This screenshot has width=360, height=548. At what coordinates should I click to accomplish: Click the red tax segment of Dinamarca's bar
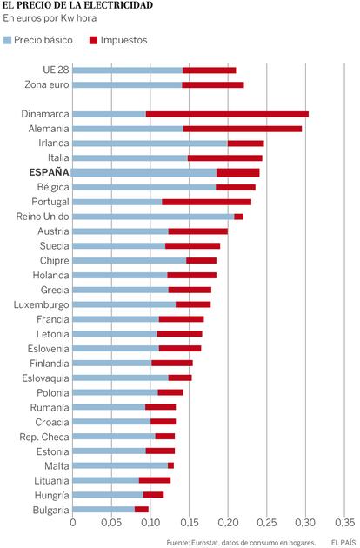pyautogui.click(x=227, y=114)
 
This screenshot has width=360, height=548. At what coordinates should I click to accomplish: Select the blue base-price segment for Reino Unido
pyautogui.click(x=153, y=217)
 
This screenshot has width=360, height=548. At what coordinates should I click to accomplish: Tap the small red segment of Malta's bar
pyautogui.click(x=170, y=465)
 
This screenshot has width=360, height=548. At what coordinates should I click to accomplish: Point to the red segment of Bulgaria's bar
pyautogui.click(x=142, y=510)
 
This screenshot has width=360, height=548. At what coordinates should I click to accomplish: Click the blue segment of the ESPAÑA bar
pyautogui.click(x=143, y=172)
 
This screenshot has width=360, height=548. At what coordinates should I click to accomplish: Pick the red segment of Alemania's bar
pyautogui.click(x=243, y=129)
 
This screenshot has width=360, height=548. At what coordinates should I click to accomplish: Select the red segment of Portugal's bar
pyautogui.click(x=207, y=202)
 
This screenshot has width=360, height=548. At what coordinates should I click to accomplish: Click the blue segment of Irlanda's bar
pyautogui.click(x=150, y=144)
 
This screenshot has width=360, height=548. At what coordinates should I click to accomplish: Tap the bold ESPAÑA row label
pyautogui.click(x=49, y=172)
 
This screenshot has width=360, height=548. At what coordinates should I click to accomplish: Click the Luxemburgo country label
pyautogui.click(x=41, y=304)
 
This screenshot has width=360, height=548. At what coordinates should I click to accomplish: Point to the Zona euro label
pyautogui.click(x=47, y=84)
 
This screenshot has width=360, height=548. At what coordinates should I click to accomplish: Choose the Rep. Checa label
pyautogui.click(x=44, y=437)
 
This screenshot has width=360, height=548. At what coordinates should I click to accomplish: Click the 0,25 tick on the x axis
pyautogui.click(x=267, y=523)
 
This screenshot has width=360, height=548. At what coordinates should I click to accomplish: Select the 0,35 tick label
pyautogui.click(x=344, y=523)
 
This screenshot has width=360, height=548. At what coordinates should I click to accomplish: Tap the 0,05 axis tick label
pyautogui.click(x=111, y=523)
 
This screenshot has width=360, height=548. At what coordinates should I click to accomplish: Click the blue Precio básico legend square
pyautogui.click(x=7, y=40)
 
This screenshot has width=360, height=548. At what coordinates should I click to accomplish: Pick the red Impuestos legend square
pyautogui.click(x=93, y=40)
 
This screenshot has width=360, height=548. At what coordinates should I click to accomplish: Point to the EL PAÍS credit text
pyautogui.click(x=343, y=543)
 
